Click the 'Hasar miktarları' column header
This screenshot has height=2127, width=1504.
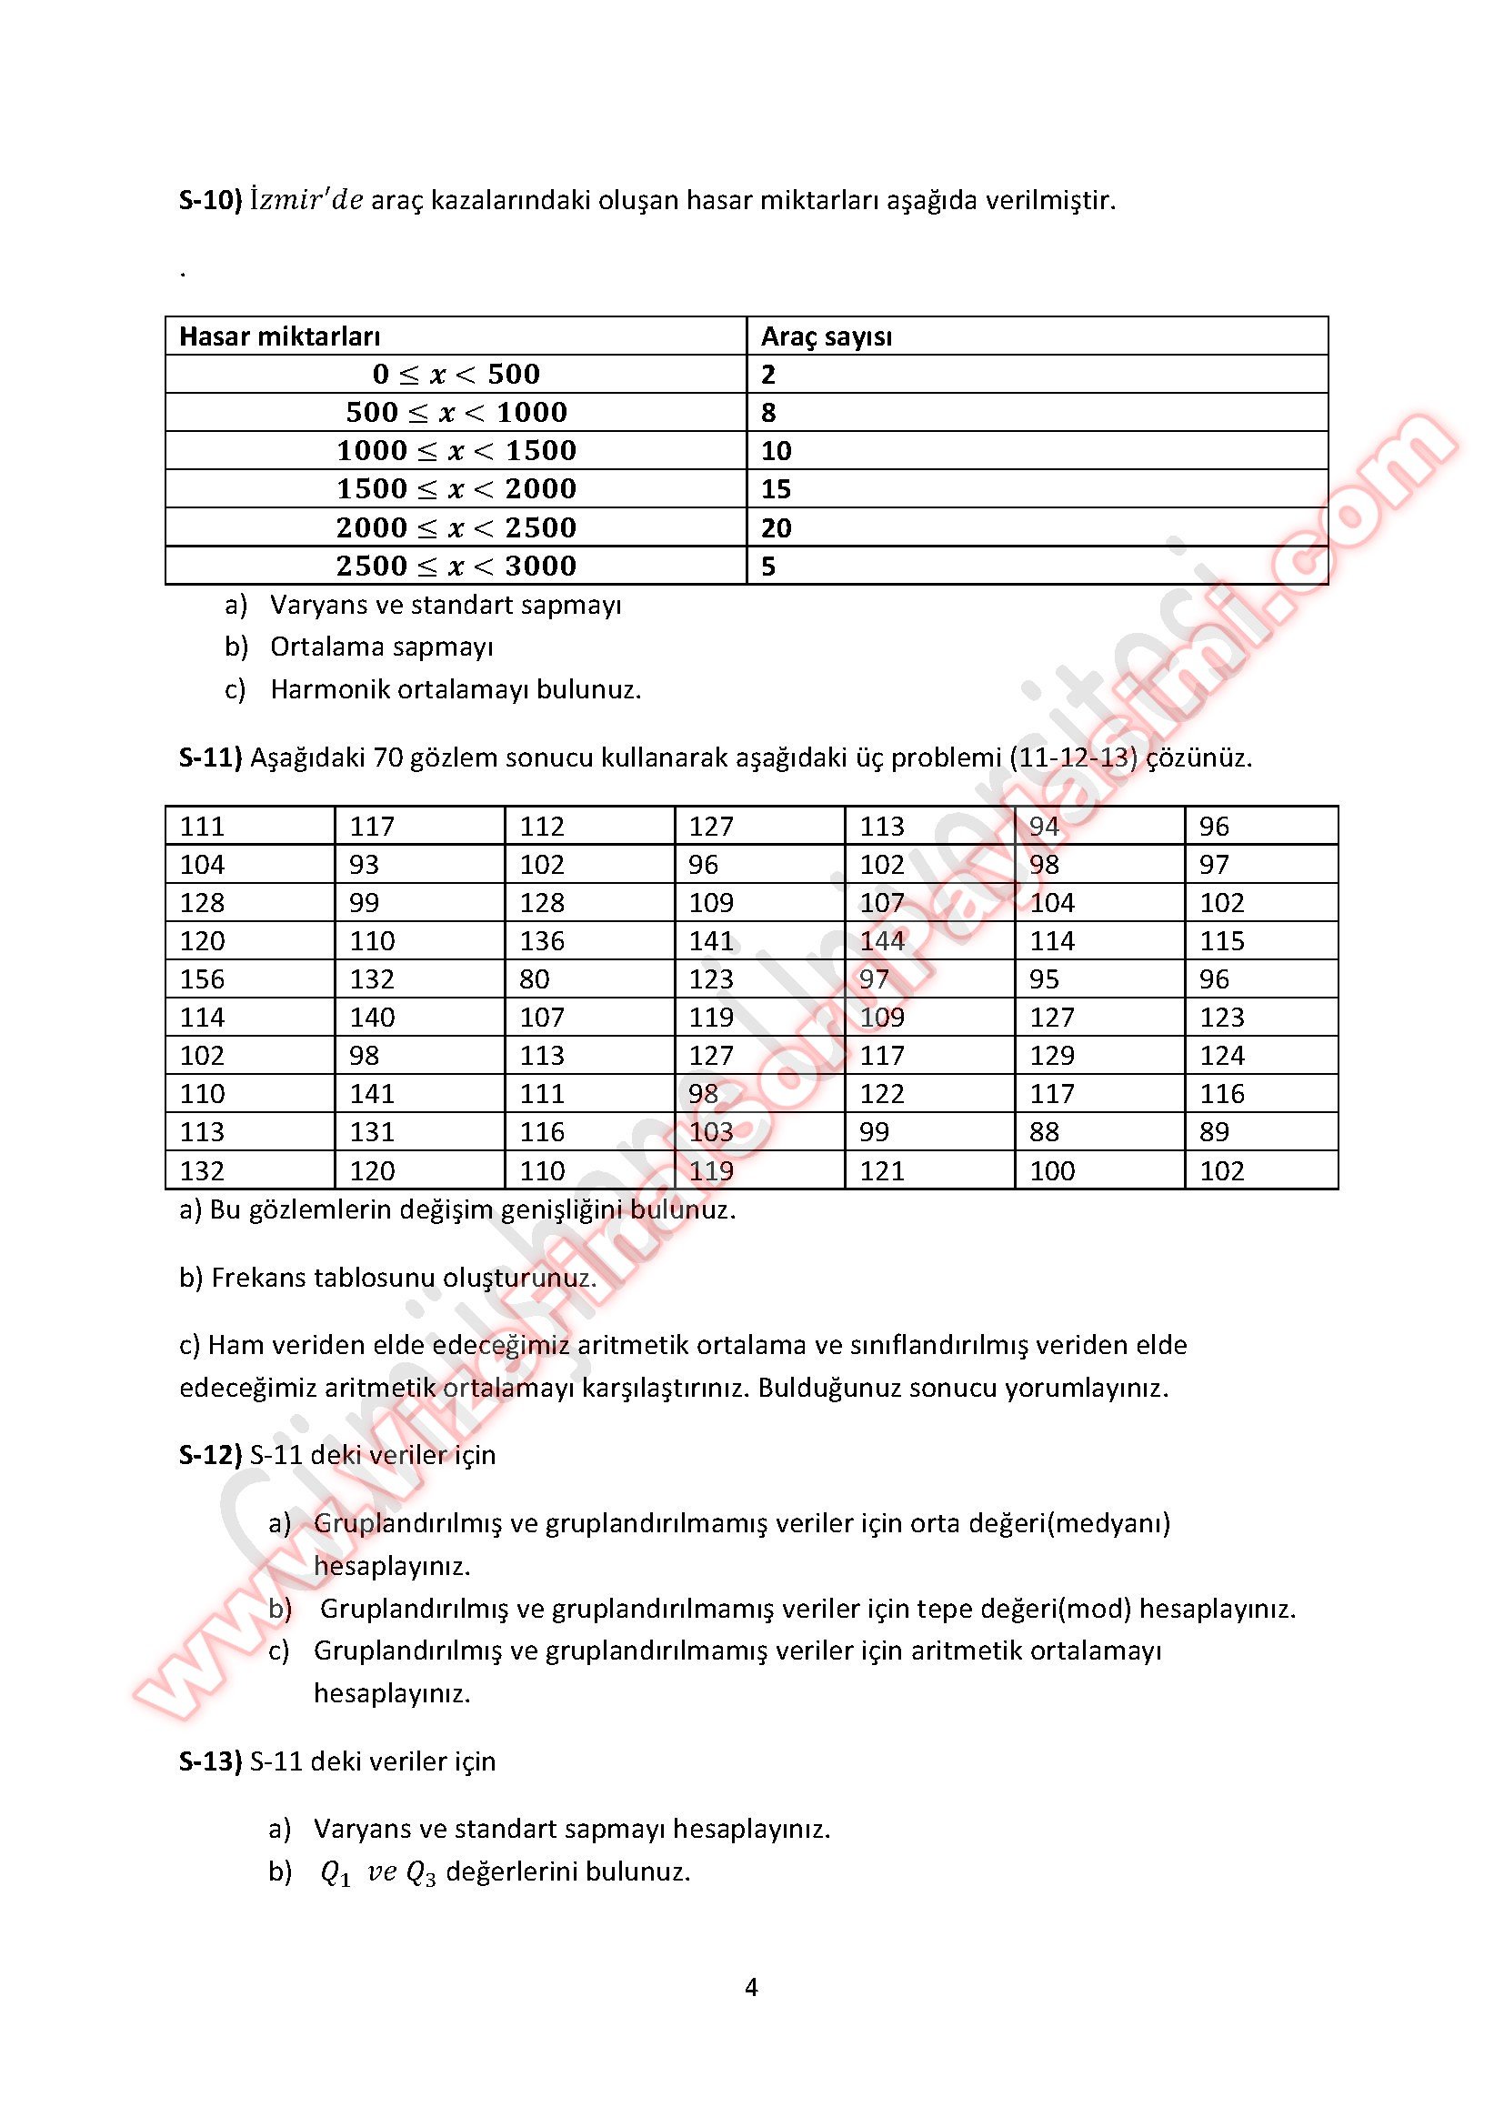pyautogui.click(x=279, y=336)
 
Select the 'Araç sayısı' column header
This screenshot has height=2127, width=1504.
pyautogui.click(x=826, y=336)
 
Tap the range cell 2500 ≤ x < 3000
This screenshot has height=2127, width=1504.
pyautogui.click(x=456, y=565)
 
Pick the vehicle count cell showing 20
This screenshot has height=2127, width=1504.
pyautogui.click(x=776, y=527)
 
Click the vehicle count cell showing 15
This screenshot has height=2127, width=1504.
pyautogui.click(x=776, y=488)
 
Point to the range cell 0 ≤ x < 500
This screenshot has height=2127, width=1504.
pyautogui.click(x=456, y=375)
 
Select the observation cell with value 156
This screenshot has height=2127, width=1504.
pyautogui.click(x=202, y=979)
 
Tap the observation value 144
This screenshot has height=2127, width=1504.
pyautogui.click(x=882, y=941)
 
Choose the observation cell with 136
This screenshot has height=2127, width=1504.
pyautogui.click(x=542, y=941)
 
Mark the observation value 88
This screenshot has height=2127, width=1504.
pyautogui.click(x=1045, y=1132)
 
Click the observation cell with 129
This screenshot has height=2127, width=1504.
pyautogui.click(x=1052, y=1055)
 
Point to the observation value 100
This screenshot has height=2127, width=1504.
pyautogui.click(x=1052, y=1171)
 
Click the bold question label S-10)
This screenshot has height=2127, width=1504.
pyautogui.click(x=210, y=200)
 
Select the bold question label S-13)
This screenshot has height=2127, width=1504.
pyautogui.click(x=210, y=1761)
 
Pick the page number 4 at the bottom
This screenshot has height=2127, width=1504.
pyautogui.click(x=751, y=1988)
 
